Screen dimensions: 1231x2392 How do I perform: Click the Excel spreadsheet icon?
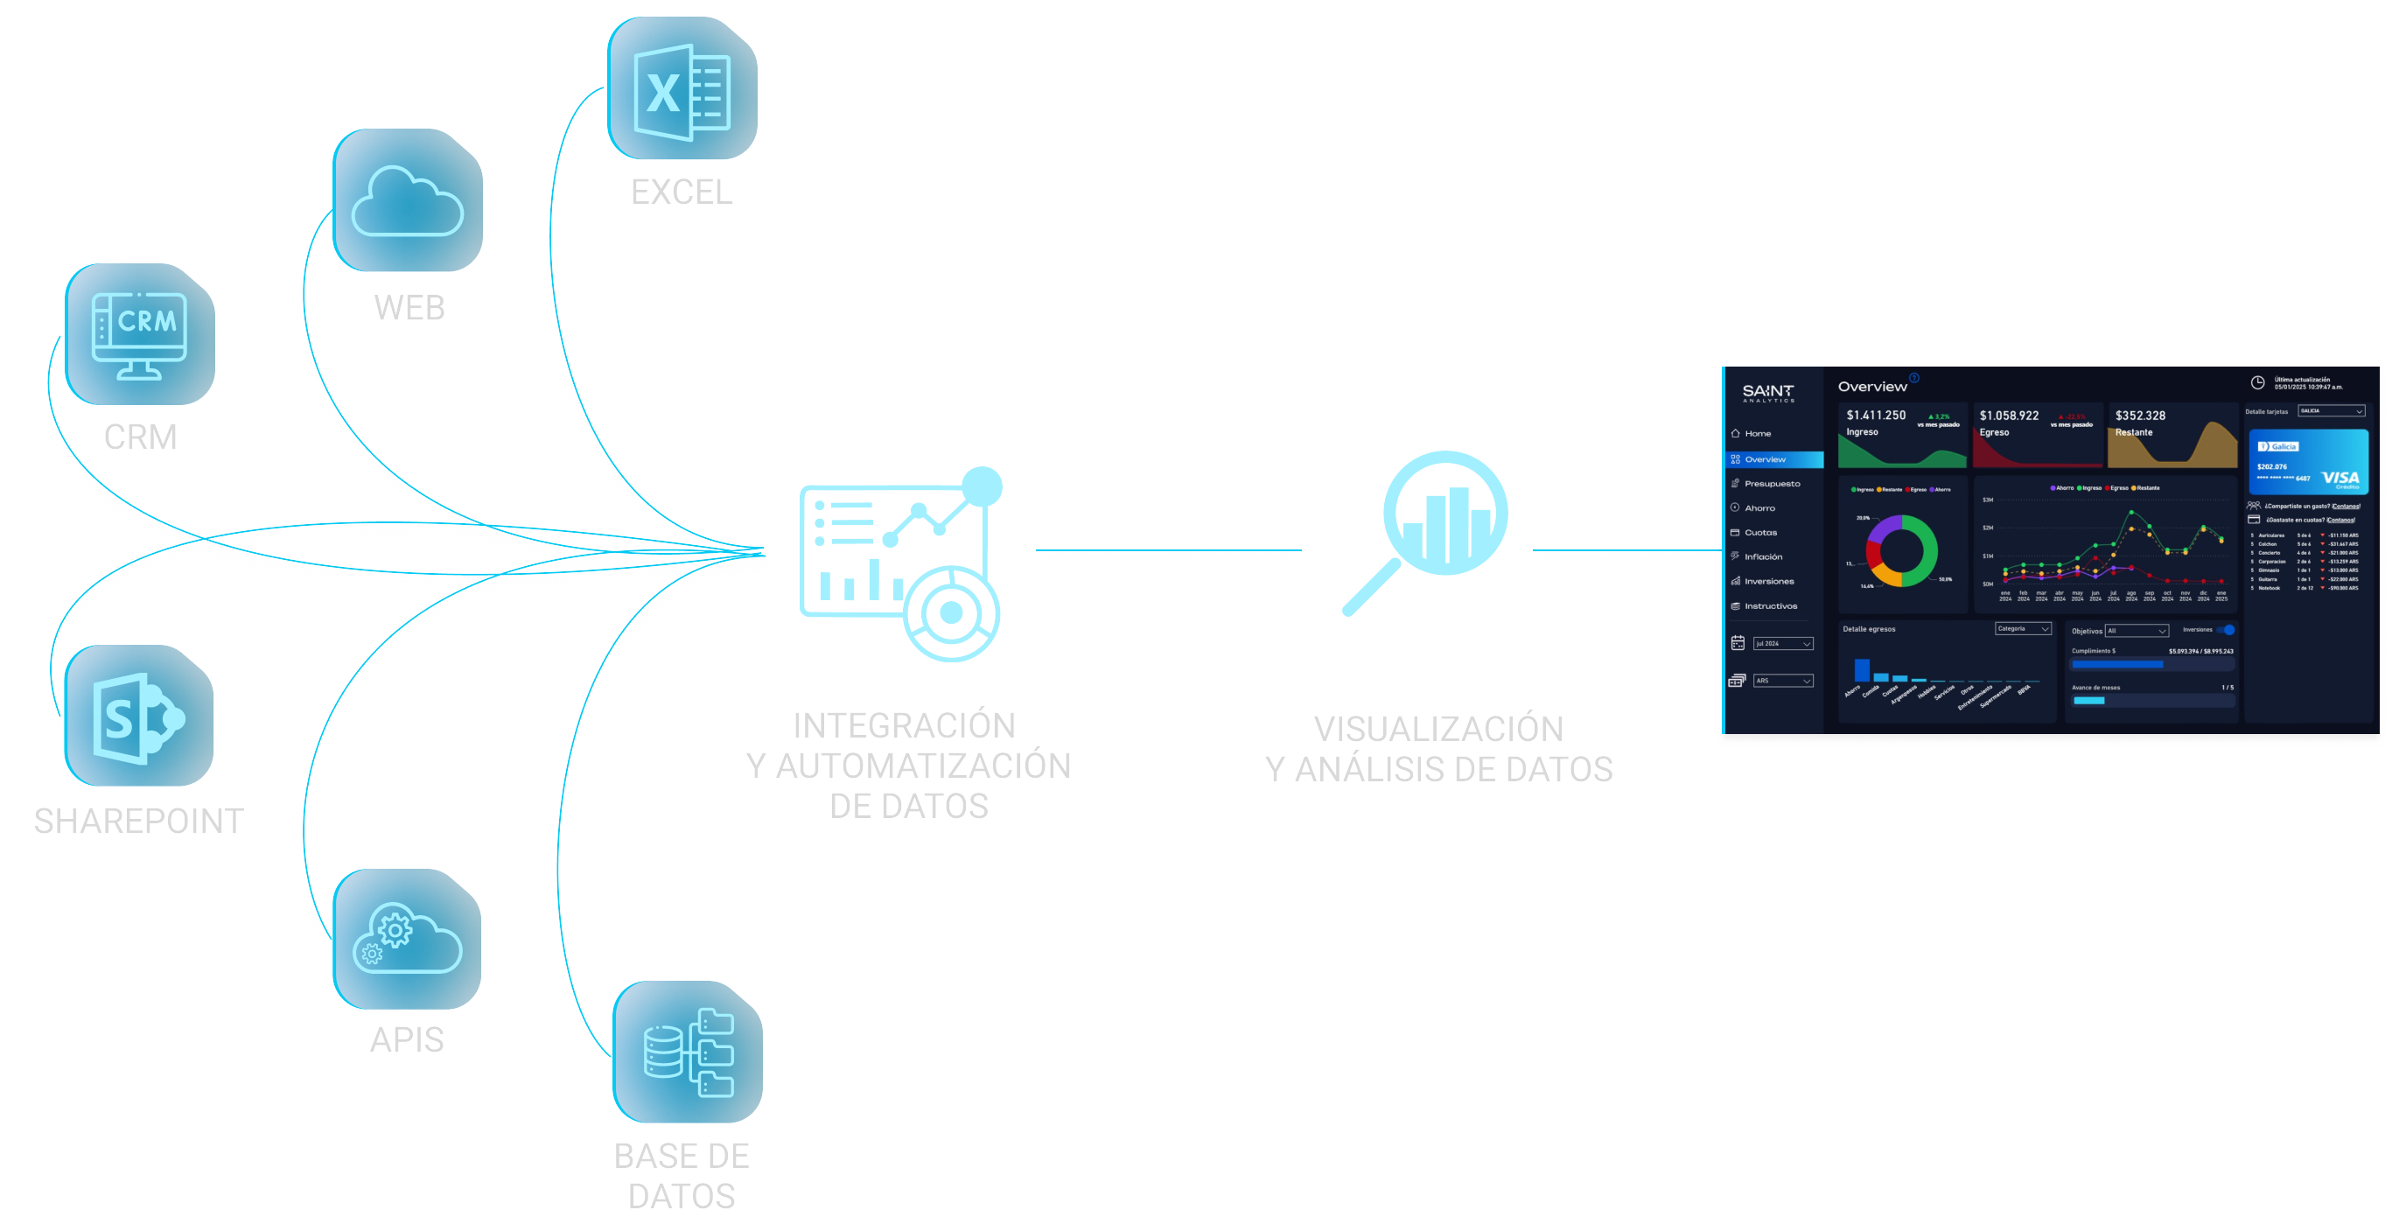click(682, 90)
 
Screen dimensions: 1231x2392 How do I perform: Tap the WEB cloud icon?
click(407, 200)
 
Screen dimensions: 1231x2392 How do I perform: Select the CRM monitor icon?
click(139, 335)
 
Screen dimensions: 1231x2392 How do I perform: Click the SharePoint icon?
click(138, 717)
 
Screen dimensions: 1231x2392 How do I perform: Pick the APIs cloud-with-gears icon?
click(407, 940)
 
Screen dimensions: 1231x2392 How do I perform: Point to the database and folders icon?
click(687, 1052)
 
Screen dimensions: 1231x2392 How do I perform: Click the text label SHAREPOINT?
click(138, 822)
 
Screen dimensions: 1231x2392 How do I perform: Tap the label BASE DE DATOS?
click(682, 1175)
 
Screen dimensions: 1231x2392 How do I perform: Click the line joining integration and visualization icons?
click(1167, 550)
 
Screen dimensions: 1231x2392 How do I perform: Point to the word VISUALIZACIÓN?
click(1438, 729)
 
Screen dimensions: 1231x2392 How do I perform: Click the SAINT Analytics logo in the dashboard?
click(1767, 393)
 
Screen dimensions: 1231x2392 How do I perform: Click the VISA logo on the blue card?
click(2340, 478)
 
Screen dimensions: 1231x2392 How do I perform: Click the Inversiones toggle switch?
click(2227, 629)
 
